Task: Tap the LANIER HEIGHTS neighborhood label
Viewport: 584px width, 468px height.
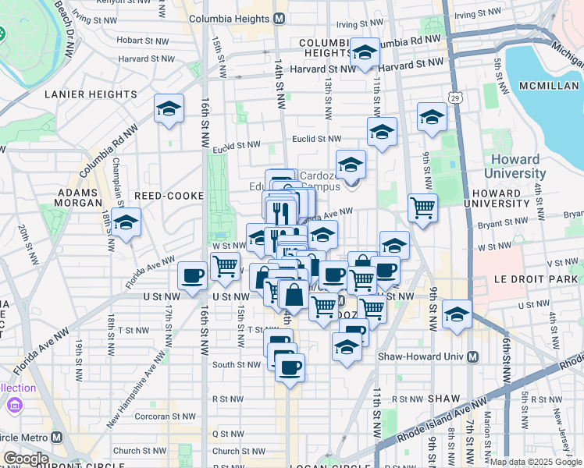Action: (x=92, y=94)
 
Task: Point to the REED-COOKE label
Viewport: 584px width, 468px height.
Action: (x=169, y=195)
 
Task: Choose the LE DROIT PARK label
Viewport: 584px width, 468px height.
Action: (x=539, y=278)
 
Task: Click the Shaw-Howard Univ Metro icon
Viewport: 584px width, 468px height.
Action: (x=472, y=357)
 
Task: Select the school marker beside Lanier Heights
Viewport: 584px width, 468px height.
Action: (x=168, y=111)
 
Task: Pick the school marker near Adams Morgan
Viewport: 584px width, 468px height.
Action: (x=125, y=223)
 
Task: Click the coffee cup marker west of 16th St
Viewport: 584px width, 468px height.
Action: (x=192, y=275)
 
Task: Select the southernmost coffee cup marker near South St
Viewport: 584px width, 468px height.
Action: (x=290, y=368)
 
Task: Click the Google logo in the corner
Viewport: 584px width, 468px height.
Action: (x=25, y=459)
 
